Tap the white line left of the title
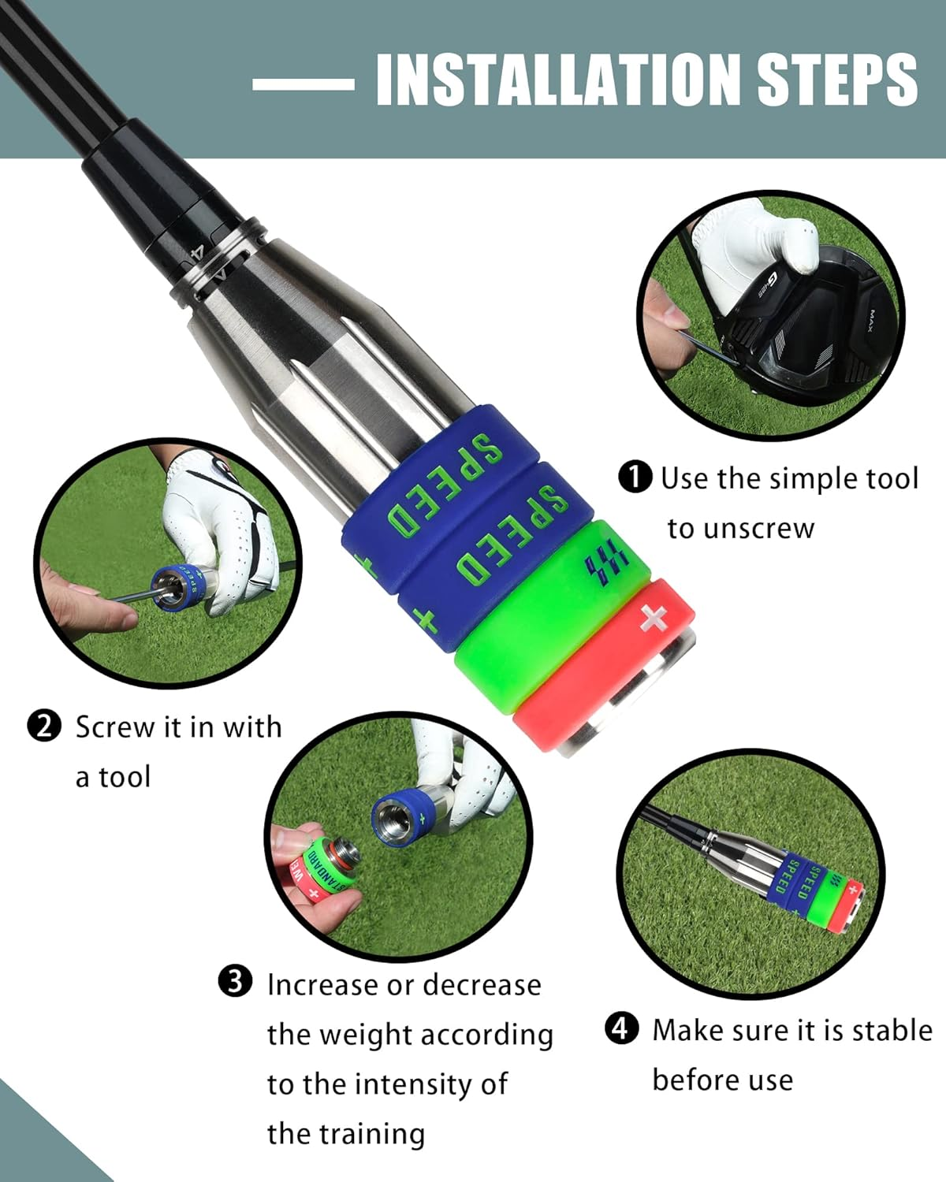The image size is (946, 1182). (303, 84)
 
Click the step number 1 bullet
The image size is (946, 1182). (635, 478)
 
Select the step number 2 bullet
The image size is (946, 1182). (44, 726)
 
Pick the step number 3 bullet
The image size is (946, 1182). (235, 983)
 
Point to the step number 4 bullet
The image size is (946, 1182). (621, 1028)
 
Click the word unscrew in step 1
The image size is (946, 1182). (740, 528)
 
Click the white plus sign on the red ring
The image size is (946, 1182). (654, 619)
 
